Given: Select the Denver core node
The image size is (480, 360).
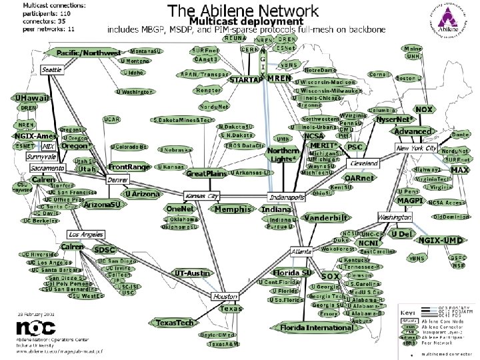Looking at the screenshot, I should [118, 180].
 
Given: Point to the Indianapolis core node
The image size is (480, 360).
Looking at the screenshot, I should [287, 197].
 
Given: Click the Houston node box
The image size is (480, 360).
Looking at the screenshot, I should [226, 296].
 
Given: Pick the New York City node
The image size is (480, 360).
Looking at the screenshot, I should [416, 148].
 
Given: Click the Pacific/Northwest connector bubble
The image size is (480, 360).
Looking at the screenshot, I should [88, 53].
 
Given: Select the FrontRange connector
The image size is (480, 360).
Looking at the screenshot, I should [129, 167].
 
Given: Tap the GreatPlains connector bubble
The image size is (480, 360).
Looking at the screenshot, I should [207, 173].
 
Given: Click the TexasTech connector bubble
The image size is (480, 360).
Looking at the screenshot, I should [175, 323].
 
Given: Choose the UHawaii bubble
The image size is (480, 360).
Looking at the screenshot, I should [30, 98].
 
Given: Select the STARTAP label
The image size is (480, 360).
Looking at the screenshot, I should [245, 79].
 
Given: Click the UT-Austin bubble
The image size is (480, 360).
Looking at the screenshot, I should [191, 273].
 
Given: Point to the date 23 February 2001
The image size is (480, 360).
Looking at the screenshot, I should [37, 313].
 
